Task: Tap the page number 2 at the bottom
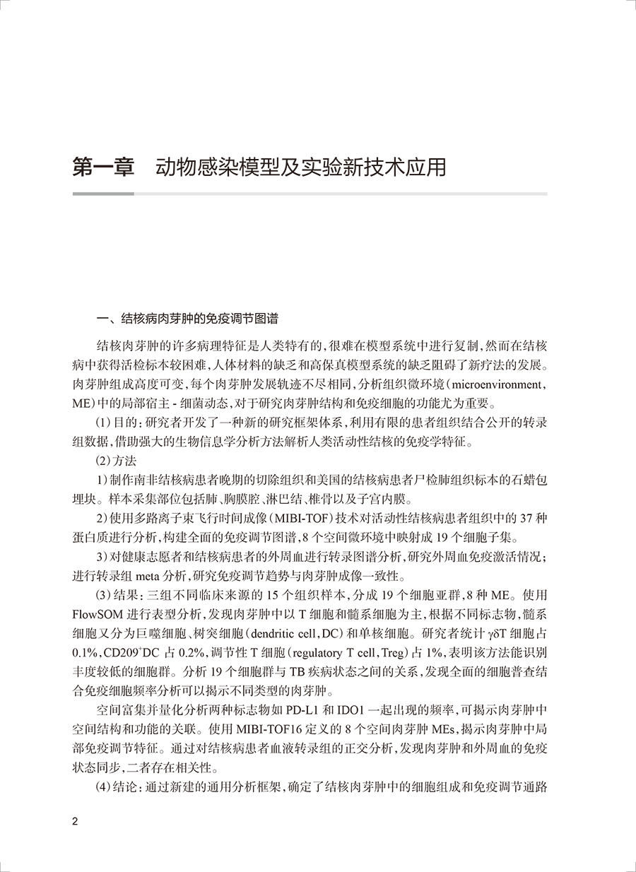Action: coord(76,822)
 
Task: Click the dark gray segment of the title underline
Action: coord(103,194)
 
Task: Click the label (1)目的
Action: coord(113,425)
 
